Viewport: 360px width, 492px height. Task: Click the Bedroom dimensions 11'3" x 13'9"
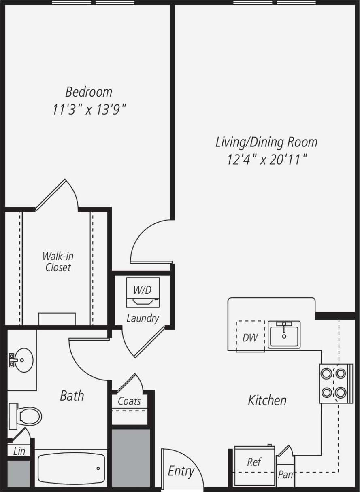pyautogui.click(x=89, y=109)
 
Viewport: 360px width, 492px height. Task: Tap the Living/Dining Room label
pyautogui.click(x=266, y=142)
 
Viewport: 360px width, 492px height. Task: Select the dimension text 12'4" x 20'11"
pyautogui.click(x=266, y=160)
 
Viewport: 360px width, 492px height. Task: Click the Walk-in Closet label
pyautogui.click(x=58, y=262)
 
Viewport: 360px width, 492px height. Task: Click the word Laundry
pyautogui.click(x=142, y=318)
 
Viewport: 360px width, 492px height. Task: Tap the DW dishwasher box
pyautogui.click(x=250, y=337)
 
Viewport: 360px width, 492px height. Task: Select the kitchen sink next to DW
pyautogui.click(x=284, y=334)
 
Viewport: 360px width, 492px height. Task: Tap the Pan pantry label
pyautogui.click(x=285, y=475)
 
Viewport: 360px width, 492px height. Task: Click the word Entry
pyautogui.click(x=181, y=471)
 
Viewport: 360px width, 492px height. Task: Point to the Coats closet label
pyautogui.click(x=129, y=401)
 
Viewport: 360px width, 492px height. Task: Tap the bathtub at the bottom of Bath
pyautogui.click(x=71, y=469)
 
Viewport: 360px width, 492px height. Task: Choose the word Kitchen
pyautogui.click(x=267, y=401)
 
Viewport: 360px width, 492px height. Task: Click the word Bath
pyautogui.click(x=72, y=395)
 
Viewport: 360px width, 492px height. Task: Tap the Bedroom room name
pyautogui.click(x=89, y=92)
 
